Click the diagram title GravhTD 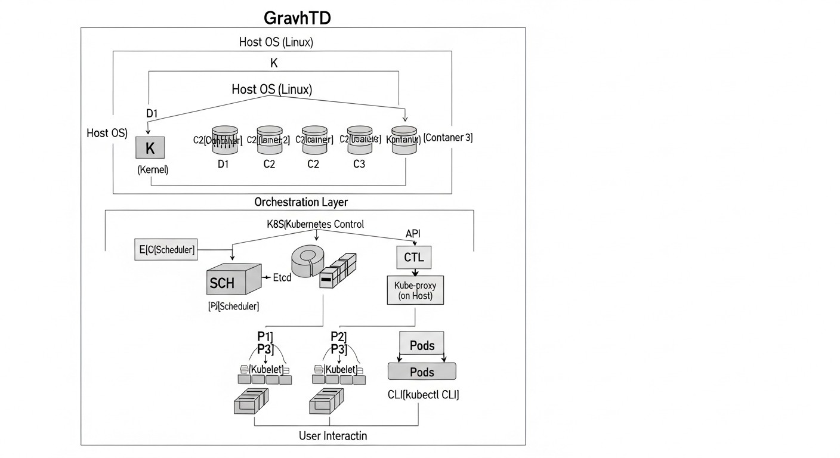pos(297,17)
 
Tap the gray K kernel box pos(150,148)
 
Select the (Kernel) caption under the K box pos(153,170)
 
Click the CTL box pos(413,258)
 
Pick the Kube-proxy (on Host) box pos(415,290)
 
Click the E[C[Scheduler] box pos(167,250)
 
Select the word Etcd pos(281,277)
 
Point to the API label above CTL pos(413,234)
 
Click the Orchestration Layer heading pos(301,202)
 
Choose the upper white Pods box pos(422,345)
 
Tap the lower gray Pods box pos(422,372)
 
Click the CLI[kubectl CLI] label pos(423,395)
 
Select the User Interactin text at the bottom pos(332,436)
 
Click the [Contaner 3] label pos(447,138)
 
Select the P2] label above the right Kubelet pos(338,336)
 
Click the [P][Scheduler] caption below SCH pos(233,306)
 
